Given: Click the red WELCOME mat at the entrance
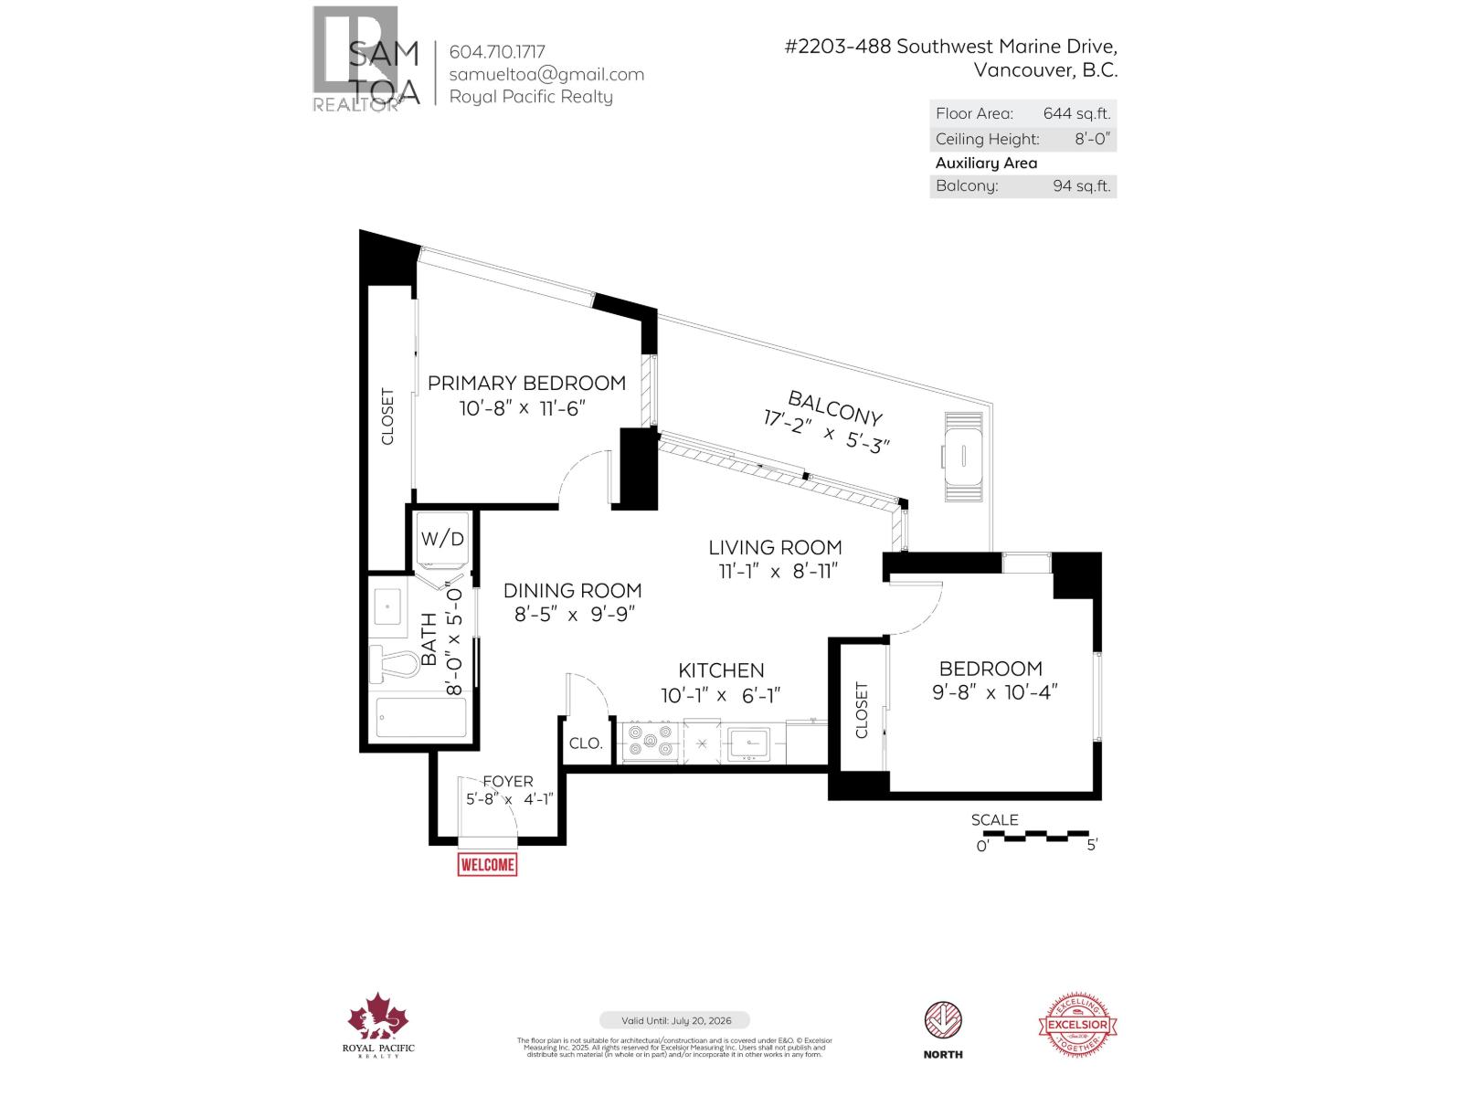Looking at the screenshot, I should (x=487, y=864).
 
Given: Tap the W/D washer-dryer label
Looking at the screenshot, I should (x=442, y=539).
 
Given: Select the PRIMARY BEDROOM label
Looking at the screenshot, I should (x=526, y=384).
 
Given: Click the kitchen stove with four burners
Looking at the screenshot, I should (x=650, y=740).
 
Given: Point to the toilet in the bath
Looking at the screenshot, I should (x=391, y=663).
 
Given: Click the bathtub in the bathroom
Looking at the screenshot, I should (x=422, y=718).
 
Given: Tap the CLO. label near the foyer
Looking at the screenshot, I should (x=586, y=743).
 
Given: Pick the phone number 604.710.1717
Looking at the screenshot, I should (x=497, y=52).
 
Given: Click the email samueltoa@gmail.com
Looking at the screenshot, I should (x=546, y=75).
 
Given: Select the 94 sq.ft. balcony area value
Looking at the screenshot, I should (x=1081, y=186).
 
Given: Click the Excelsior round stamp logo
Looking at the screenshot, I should (x=1078, y=1027).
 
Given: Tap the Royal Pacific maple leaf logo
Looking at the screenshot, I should (x=378, y=1018).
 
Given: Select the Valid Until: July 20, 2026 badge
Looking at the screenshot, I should (x=674, y=1020).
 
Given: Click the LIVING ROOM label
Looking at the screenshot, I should (x=775, y=548).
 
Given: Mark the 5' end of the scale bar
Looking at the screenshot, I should (x=1091, y=846).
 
